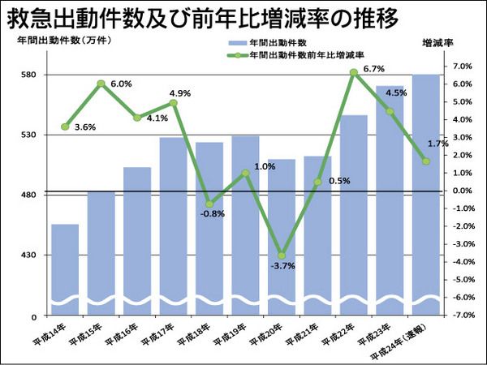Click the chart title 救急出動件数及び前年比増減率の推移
[207, 18]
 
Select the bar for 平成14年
[65, 268]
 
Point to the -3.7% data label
[284, 266]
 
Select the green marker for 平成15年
[101, 84]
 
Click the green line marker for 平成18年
[209, 204]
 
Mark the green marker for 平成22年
[354, 73]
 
